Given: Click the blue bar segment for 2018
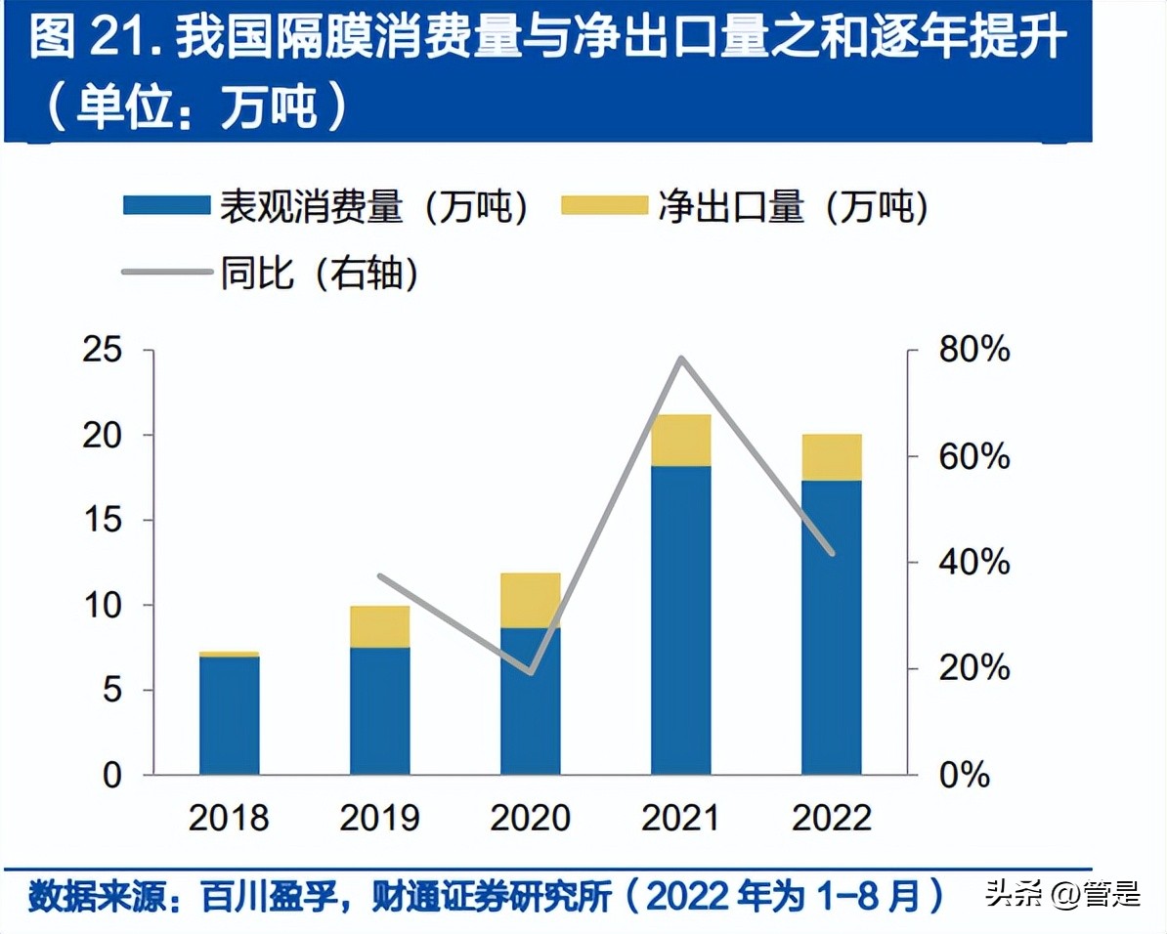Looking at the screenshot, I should [230, 715].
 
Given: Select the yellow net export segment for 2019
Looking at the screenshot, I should [380, 627].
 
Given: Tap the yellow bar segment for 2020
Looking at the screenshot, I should [531, 600].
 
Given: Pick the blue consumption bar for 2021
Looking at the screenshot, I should [681, 620].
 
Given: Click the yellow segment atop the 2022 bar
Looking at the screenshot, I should [832, 457].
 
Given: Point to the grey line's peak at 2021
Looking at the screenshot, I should [681, 359].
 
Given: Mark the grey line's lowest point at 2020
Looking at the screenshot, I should [531, 672].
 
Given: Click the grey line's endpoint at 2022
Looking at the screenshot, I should [832, 554].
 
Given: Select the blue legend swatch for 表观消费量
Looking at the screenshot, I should [166, 206].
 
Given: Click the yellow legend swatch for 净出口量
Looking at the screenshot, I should [604, 206].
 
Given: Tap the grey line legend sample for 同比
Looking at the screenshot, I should [166, 274].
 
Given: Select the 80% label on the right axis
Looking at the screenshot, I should [973, 350].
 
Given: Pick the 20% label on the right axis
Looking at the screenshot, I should [973, 669].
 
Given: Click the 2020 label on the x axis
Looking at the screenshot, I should [531, 818].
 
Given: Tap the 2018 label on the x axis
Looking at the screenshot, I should [230, 818].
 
